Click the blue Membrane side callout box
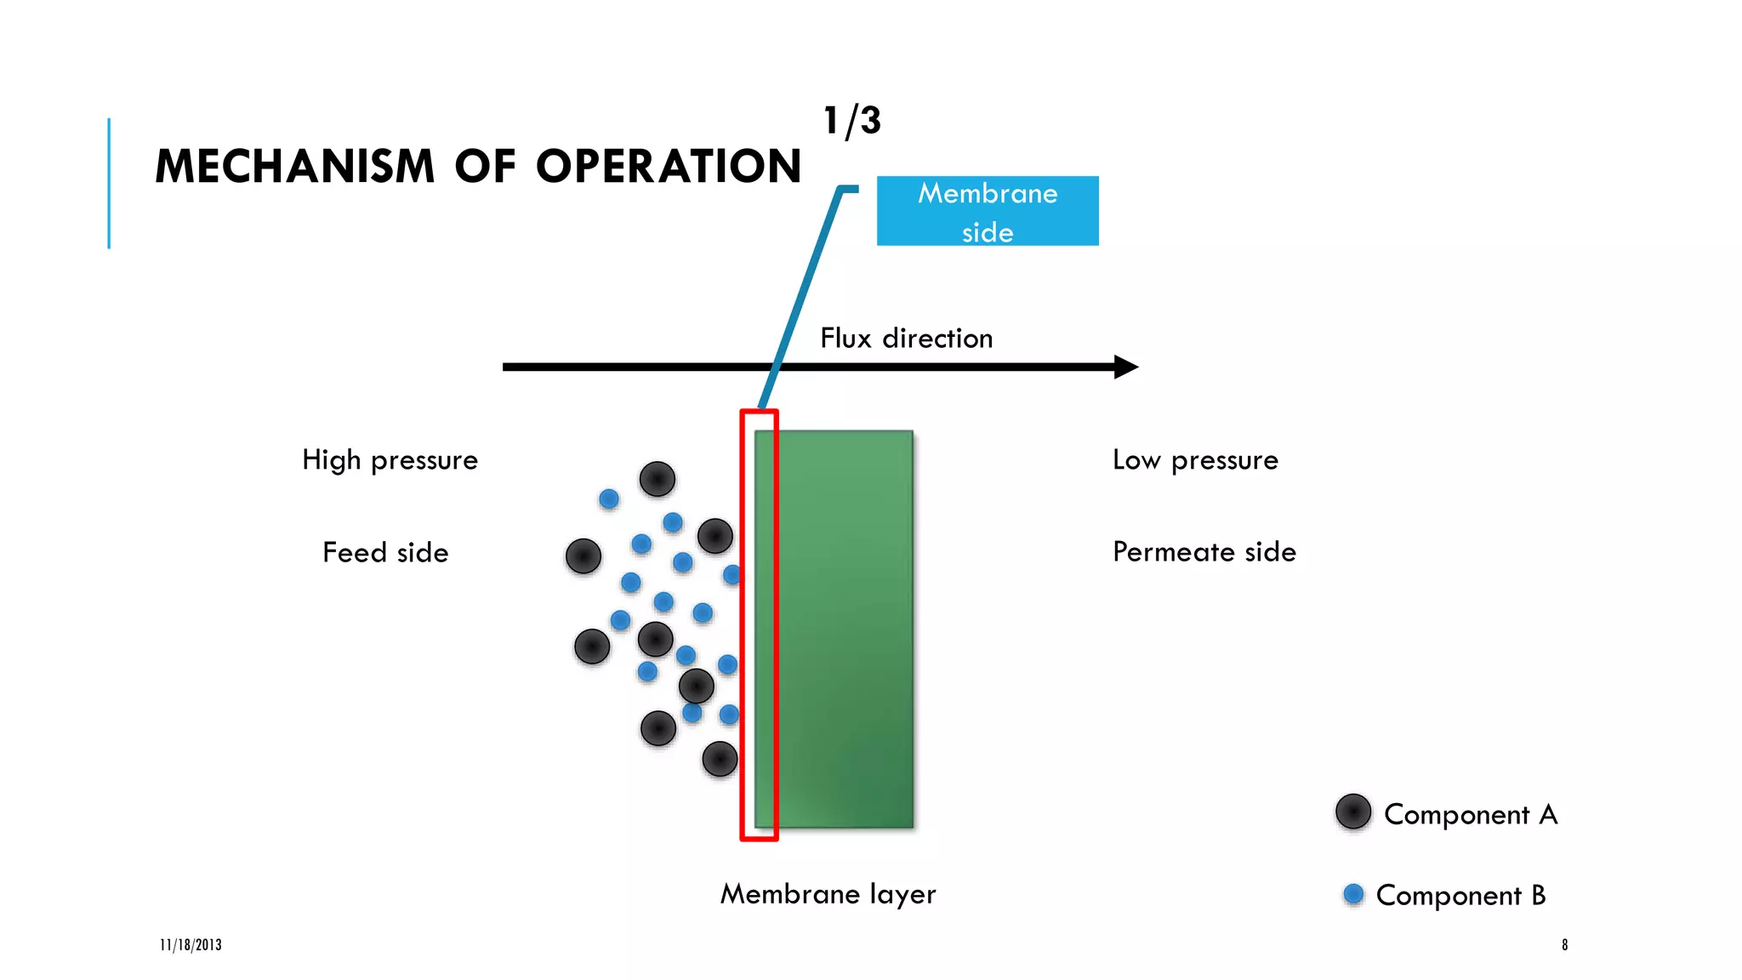coord(987,211)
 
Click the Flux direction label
coord(906,339)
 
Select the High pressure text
coord(390,460)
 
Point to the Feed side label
coord(385,553)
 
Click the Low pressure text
coord(1195,460)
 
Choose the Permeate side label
coord(1204,552)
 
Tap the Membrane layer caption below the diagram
coord(828,894)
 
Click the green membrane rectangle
coord(842,630)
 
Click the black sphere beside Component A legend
coord(1352,812)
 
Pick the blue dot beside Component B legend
coord(1353,894)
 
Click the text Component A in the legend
coord(1471,815)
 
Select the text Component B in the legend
coord(1460,896)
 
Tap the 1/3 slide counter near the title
coord(851,121)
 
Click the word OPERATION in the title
coord(669,166)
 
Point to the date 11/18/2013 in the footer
coord(191,945)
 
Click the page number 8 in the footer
coord(1564,945)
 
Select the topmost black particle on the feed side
coord(657,479)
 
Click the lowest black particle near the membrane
coord(720,759)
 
